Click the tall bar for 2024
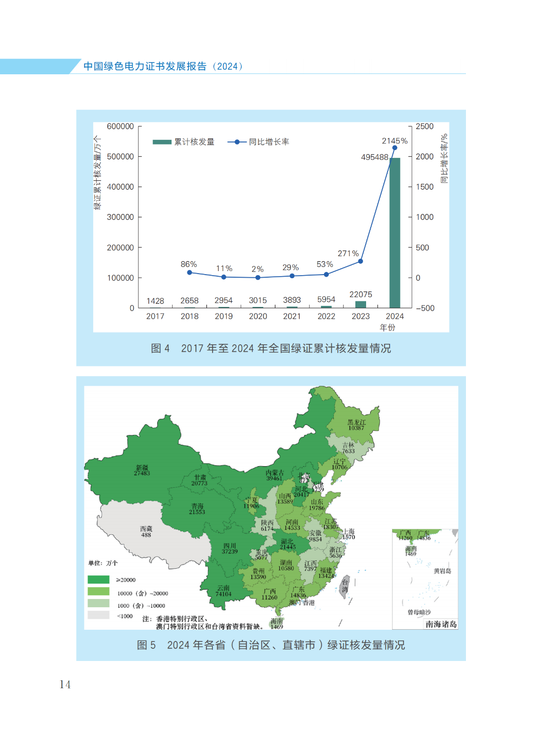click(395, 233)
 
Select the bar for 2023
click(360, 304)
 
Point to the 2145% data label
click(394, 141)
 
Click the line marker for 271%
click(360, 261)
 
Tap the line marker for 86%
click(189, 273)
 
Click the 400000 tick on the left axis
click(120, 187)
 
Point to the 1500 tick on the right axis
click(424, 187)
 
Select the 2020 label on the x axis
click(258, 317)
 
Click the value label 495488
click(374, 157)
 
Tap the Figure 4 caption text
click(271, 348)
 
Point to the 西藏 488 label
click(146, 532)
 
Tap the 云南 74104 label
click(223, 591)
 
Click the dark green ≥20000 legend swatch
click(98, 580)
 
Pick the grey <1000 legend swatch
click(98, 615)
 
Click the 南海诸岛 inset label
click(441, 624)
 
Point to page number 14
click(65, 685)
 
